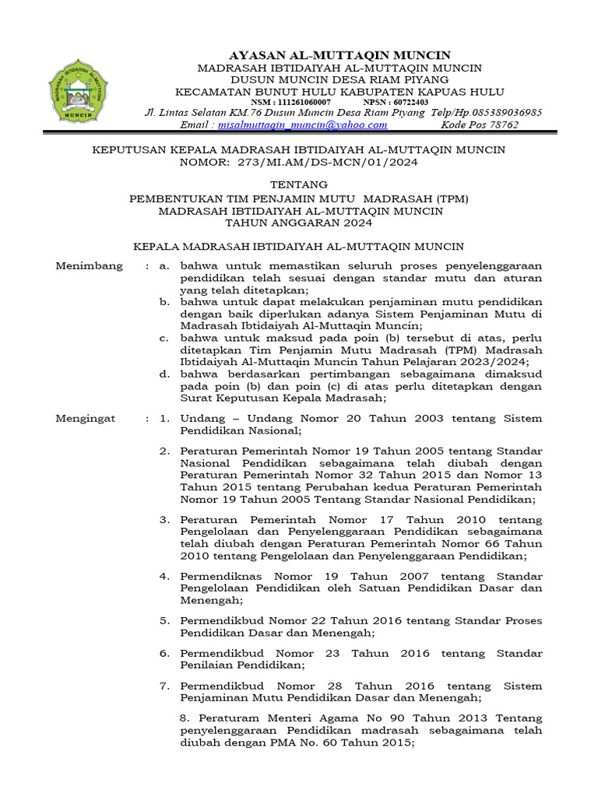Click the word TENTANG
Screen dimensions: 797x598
[298, 184]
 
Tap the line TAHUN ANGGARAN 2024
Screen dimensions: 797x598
[298, 222]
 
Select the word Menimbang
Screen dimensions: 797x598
[90, 266]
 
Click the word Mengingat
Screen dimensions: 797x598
[86, 418]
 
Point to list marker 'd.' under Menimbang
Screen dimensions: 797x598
[164, 374]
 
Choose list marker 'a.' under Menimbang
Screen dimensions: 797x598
[164, 266]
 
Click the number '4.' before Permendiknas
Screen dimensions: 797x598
[165, 577]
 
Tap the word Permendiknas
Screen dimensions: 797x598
[217, 577]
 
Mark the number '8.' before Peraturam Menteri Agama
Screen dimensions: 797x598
[185, 718]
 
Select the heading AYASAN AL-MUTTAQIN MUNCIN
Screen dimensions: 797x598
[339, 55]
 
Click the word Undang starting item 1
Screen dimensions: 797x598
[199, 418]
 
